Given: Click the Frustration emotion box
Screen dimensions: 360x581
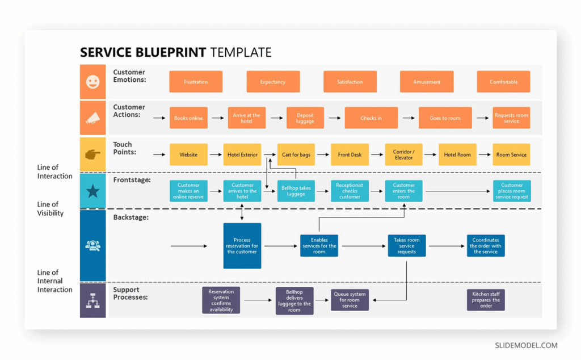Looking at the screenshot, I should [196, 82].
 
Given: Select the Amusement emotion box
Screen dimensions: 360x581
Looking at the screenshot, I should [427, 82].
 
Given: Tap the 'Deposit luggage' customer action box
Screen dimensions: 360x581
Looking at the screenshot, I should [305, 118].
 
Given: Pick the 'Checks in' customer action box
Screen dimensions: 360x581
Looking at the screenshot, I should [371, 118].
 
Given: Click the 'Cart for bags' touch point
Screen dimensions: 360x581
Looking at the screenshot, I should [296, 154].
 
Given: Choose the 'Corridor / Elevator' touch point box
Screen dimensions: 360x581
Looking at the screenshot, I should [404, 154].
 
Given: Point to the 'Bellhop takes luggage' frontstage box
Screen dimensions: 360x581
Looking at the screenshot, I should [296, 191].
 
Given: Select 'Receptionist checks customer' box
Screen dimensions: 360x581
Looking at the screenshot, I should [350, 191].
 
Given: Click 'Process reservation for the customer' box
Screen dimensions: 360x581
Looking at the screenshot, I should [242, 246].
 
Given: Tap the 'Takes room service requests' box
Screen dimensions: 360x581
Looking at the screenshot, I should [407, 246].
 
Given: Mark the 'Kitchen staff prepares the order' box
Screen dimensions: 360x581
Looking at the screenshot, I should [486, 300].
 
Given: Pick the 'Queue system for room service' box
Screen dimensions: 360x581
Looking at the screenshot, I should [350, 300].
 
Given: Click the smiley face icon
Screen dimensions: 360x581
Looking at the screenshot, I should [92, 82].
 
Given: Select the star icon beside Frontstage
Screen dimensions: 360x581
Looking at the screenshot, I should [92, 191].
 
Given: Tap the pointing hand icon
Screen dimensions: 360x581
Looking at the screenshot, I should [92, 154].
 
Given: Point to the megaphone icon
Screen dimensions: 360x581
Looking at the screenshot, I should [92, 118].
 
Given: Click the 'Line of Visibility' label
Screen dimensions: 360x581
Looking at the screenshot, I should [50, 208].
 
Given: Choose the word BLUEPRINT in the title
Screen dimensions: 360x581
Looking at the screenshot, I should [171, 53].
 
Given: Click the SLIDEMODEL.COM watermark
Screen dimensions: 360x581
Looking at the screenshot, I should [526, 345].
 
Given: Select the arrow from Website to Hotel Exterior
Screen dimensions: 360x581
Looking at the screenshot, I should [216, 154].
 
